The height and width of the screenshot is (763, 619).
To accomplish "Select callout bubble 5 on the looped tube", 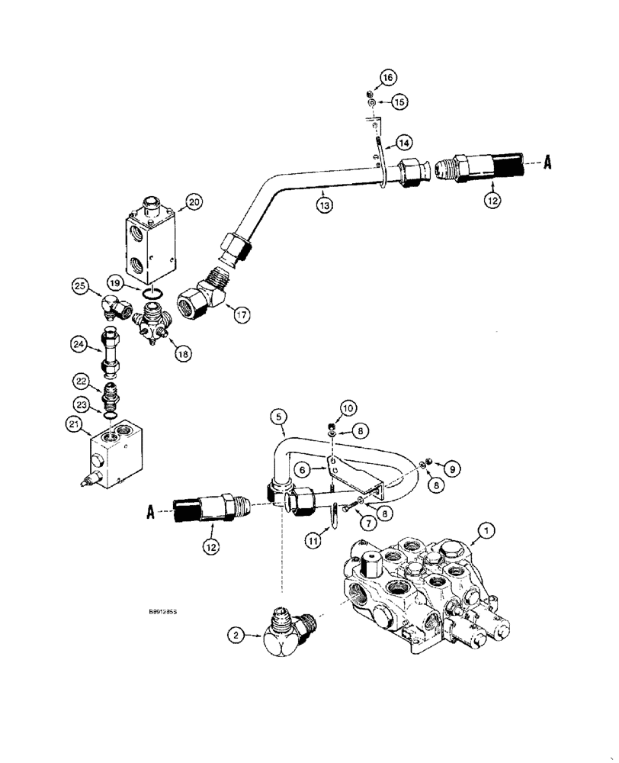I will [279, 417].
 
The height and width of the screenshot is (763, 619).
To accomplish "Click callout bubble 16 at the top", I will [388, 77].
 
